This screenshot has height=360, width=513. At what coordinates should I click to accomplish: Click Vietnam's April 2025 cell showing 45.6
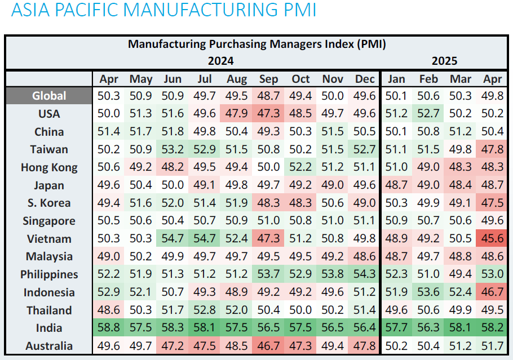[493, 239]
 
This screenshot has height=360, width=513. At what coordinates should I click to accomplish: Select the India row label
[49, 328]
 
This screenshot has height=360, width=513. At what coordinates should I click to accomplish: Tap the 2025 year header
[444, 61]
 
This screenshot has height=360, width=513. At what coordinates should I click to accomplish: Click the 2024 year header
[221, 61]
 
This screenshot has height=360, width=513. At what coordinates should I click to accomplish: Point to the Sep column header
[269, 79]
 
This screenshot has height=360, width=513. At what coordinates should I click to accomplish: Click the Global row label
[49, 96]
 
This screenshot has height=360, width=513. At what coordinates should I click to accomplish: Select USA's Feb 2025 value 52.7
[428, 114]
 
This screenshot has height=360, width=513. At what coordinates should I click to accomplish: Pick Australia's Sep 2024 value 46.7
[269, 346]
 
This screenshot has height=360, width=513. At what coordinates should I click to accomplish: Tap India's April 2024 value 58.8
[109, 328]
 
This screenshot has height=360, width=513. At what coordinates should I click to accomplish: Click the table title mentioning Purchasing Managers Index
[256, 44]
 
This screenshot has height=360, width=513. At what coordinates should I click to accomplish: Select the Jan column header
[396, 79]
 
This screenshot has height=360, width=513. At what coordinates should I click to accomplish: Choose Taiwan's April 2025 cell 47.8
[493, 149]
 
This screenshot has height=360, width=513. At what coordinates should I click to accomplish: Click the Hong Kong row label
[49, 167]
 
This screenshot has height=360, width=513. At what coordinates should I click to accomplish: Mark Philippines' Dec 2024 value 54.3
[365, 274]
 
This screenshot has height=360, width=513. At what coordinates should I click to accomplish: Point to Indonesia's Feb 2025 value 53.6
[428, 292]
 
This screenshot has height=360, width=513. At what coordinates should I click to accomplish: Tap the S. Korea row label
[49, 203]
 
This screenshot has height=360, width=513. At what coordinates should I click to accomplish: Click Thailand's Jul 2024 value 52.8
[205, 310]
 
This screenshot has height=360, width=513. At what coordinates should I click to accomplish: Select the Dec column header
[365, 79]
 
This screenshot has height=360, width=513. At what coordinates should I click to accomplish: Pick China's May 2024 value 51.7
[141, 132]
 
